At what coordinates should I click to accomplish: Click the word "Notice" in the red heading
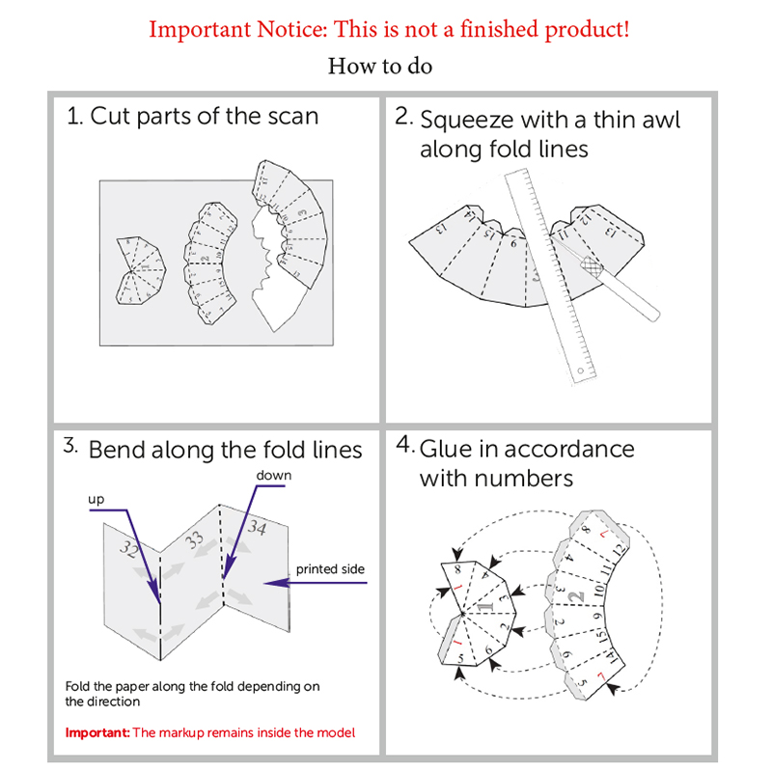pos(292,29)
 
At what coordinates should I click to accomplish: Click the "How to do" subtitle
pos(380,67)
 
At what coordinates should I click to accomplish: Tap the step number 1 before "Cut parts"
pos(74,116)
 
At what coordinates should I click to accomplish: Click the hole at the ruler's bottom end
pos(581,371)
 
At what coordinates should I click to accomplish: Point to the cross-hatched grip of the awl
pos(592,266)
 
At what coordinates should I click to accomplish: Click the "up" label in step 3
pos(96,500)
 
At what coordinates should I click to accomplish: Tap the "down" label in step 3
pos(274,475)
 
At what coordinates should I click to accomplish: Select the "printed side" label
pos(330,569)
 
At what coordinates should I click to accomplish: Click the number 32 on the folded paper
pos(129,548)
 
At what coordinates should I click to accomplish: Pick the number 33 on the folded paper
pos(195,539)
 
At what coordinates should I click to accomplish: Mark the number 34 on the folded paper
pos(257,527)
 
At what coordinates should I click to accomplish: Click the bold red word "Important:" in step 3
pos(97,732)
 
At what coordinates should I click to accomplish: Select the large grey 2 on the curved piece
pos(575,596)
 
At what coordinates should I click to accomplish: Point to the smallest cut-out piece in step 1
pos(140,270)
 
